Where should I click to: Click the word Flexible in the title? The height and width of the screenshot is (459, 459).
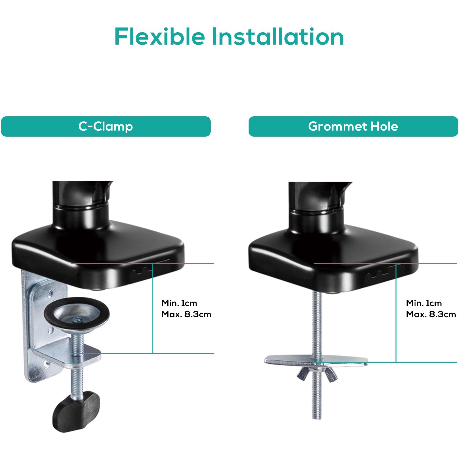pyautogui.click(x=159, y=37)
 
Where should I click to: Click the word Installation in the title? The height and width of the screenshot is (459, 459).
pyautogui.click(x=278, y=37)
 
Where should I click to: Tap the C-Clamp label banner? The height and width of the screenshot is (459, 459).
pyautogui.click(x=106, y=126)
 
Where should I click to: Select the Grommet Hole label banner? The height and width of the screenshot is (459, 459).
pyautogui.click(x=353, y=126)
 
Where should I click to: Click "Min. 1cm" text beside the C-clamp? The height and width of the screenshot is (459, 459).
pyautogui.click(x=179, y=303)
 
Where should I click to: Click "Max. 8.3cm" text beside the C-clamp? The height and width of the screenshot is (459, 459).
pyautogui.click(x=186, y=314)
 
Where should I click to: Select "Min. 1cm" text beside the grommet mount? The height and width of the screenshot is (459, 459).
pyautogui.click(x=424, y=303)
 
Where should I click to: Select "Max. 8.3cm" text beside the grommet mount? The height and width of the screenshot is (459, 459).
pyautogui.click(x=431, y=314)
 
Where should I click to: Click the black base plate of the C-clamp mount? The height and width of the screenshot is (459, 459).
pyautogui.click(x=97, y=259)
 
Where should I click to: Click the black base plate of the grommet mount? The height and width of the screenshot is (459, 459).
pyautogui.click(x=333, y=259)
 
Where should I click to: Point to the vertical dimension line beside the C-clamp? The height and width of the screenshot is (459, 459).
pyautogui.click(x=153, y=308)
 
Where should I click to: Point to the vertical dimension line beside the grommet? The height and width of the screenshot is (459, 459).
pyautogui.click(x=396, y=313)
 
